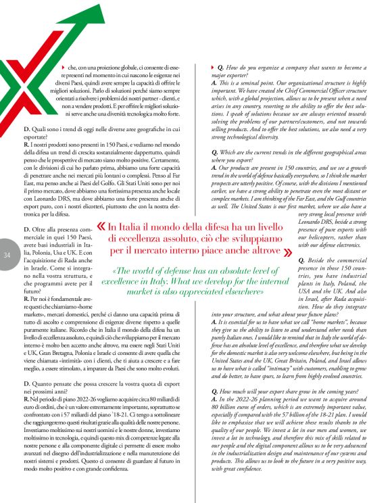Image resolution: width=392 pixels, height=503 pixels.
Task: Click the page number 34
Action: click(x=6, y=254)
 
